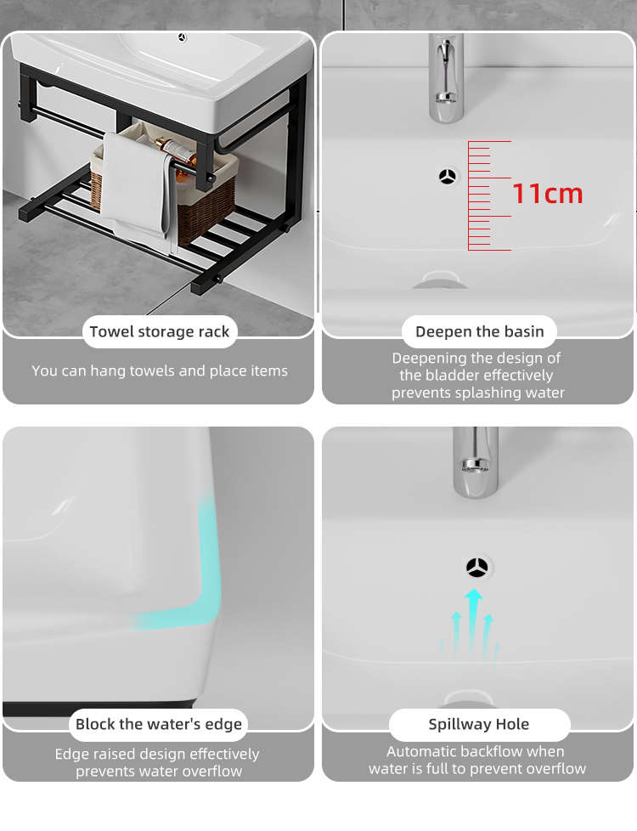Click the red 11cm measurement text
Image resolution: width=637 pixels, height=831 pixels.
[548, 194]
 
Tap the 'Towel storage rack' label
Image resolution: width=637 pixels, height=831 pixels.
[160, 331]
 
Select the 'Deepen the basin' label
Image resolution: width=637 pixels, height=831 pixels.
[480, 331]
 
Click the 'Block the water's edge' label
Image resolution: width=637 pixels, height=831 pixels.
[159, 724]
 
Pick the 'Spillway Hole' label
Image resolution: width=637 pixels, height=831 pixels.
[479, 724]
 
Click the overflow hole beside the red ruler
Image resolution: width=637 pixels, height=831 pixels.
[448, 177]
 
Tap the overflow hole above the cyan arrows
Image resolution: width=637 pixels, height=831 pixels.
[477, 567]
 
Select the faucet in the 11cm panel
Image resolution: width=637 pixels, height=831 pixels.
[446, 76]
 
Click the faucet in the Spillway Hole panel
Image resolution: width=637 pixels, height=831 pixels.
[476, 462]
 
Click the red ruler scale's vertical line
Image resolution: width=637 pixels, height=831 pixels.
[469, 195]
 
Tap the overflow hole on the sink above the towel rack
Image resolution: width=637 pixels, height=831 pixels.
[183, 37]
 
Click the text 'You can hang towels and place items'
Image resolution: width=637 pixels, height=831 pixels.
[160, 370]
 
